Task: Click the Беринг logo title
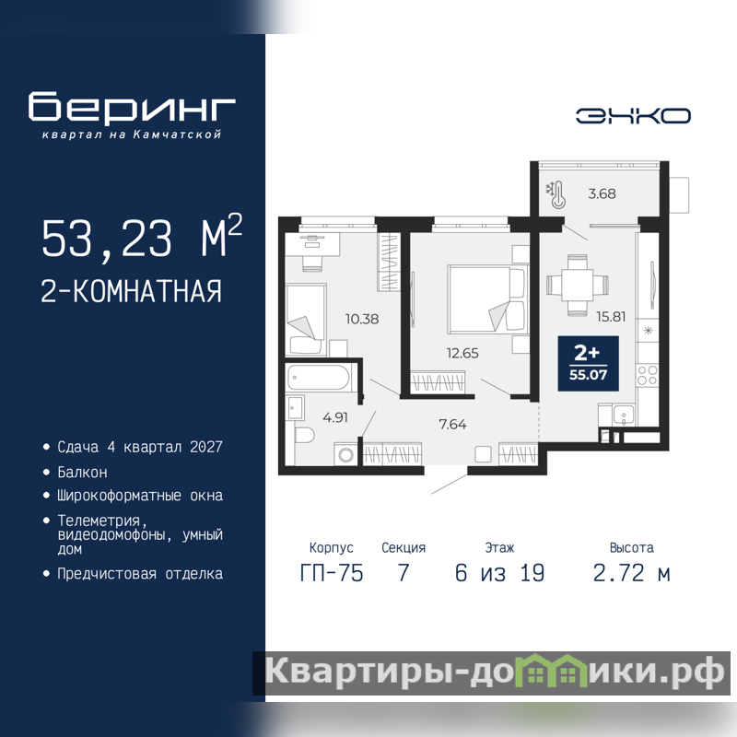tap(132, 107)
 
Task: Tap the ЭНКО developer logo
tap(633, 116)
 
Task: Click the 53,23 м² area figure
tap(142, 237)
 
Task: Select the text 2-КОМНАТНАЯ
tap(131, 291)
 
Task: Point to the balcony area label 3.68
tap(602, 193)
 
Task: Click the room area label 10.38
tap(362, 319)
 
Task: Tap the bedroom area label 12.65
tap(462, 353)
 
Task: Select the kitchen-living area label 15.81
tap(611, 317)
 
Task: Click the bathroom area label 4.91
tap(335, 417)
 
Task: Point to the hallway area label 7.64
tap(452, 425)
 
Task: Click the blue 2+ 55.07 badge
tap(588, 363)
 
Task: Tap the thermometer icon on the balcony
tap(556, 195)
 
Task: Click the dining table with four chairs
tap(578, 285)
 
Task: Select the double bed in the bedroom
tap(486, 299)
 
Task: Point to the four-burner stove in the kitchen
tap(648, 376)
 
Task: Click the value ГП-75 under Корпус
tap(332, 573)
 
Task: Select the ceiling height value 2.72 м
tap(631, 573)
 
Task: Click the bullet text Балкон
tap(82, 472)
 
